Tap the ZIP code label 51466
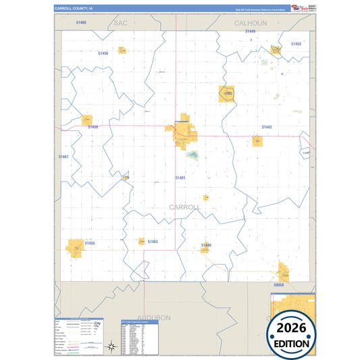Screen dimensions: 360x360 pyautogui.click(x=82, y=22)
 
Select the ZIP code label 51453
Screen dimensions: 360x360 pyautogui.click(x=296, y=44)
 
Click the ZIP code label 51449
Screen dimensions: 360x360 pyautogui.click(x=251, y=31)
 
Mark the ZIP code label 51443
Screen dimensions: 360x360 pyautogui.click(x=266, y=127)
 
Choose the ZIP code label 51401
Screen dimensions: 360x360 pyautogui.click(x=180, y=178)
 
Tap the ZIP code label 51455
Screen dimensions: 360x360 pyautogui.click(x=90, y=243)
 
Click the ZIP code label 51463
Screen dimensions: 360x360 pyautogui.click(x=152, y=241)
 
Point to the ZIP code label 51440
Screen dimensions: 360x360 pyautogui.click(x=207, y=245)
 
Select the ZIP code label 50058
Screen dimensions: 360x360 pyautogui.click(x=279, y=285)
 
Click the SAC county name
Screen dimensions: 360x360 pyautogui.click(x=121, y=23)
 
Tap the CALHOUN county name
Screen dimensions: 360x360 pyautogui.click(x=251, y=23)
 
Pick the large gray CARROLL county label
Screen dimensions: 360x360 pyautogui.click(x=184, y=207)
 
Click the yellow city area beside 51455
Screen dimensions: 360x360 pyautogui.click(x=75, y=247)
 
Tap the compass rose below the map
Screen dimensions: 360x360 pyautogui.click(x=111, y=347)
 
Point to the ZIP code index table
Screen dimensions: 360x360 pyautogui.click(x=138, y=338)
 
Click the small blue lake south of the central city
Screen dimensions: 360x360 pyautogui.click(x=193, y=155)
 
